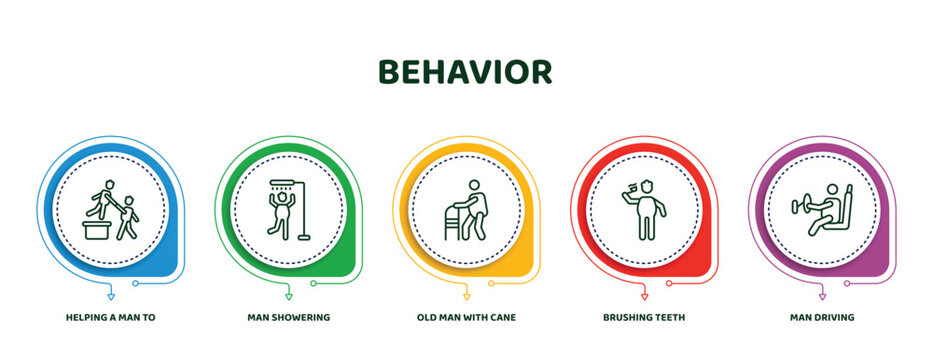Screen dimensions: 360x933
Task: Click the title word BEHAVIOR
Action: [465, 72]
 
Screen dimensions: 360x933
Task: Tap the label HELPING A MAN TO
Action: [110, 316]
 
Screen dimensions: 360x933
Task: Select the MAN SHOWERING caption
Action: [288, 316]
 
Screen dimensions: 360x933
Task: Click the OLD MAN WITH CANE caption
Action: [466, 316]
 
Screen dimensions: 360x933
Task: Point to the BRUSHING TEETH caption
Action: [644, 316]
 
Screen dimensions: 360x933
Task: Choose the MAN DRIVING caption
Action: [822, 316]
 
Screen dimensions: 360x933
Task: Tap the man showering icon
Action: [288, 208]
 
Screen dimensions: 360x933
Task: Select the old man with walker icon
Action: [466, 208]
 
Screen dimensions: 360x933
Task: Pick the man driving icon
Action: [822, 208]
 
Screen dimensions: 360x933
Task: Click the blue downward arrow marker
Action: [110, 297]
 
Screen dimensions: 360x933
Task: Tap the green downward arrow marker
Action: [288, 297]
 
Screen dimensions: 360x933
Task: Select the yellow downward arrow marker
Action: [466, 297]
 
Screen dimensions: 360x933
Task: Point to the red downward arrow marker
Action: [644, 297]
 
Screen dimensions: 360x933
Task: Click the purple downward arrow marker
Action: [822, 297]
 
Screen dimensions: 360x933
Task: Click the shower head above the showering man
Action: [282, 184]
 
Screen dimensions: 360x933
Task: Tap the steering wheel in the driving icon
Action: [800, 207]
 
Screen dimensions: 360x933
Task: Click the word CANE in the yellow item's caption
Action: [505, 316]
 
